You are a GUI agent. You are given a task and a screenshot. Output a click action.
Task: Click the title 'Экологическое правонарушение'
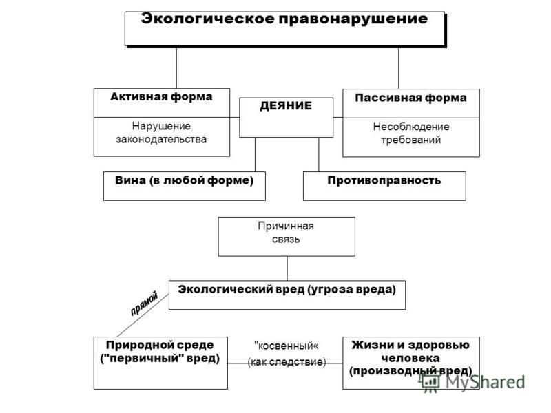coord(284,19)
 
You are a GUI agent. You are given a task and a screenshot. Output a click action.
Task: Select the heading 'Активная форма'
coord(161,97)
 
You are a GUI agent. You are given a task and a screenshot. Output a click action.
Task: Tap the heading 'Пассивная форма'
coord(410,98)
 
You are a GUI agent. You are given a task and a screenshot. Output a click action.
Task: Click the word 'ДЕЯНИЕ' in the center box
coord(286,106)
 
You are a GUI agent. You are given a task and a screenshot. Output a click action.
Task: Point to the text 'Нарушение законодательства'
coord(161,133)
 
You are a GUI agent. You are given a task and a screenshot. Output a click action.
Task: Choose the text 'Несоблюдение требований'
coord(411,133)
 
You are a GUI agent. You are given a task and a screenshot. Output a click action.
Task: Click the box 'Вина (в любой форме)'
coord(185,186)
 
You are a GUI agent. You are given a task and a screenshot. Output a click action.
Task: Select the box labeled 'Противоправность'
coord(384,186)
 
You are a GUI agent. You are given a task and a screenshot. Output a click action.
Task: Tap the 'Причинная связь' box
coord(287,236)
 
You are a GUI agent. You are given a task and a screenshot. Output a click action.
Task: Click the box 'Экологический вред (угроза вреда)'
coord(287,295)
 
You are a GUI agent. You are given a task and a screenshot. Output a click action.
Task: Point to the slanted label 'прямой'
coord(145,304)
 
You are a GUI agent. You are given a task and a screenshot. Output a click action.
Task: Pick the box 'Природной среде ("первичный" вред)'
coord(160,363)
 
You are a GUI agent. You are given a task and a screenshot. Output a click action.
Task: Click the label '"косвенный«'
coord(287,346)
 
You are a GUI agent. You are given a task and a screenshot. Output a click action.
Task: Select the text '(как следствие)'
coord(287,362)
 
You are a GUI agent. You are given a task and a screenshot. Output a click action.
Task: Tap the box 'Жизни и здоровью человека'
coord(411,363)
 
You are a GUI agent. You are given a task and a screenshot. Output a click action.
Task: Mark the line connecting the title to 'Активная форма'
coord(176,67)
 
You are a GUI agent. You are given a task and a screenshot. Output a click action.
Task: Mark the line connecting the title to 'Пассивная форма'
coord(399,68)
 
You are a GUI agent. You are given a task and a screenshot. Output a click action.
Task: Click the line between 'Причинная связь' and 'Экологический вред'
coord(287,268)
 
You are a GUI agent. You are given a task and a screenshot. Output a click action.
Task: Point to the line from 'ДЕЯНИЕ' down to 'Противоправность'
coord(319,154)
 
